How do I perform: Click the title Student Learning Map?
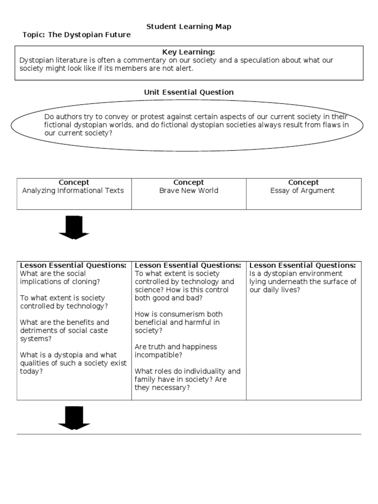pos(189,27)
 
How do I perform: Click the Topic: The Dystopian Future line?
pos(77,35)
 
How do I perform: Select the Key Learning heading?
pos(189,52)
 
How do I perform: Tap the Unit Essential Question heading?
pos(189,92)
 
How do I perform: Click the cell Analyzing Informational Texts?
pos(73,190)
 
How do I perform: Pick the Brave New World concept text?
pos(189,190)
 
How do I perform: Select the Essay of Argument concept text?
pos(302,190)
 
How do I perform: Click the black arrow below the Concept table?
pos(74,227)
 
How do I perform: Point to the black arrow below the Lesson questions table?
pos(74,417)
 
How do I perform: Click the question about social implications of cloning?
pos(60,278)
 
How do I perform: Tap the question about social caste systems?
pos(64,330)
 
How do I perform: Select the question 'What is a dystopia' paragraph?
pos(73,363)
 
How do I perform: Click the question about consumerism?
pos(178,322)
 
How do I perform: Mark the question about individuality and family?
pos(187,379)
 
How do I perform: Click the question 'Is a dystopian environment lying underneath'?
pos(302,282)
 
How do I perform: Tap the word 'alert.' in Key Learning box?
pos(185,68)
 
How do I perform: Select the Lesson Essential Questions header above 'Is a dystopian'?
pos(302,265)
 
